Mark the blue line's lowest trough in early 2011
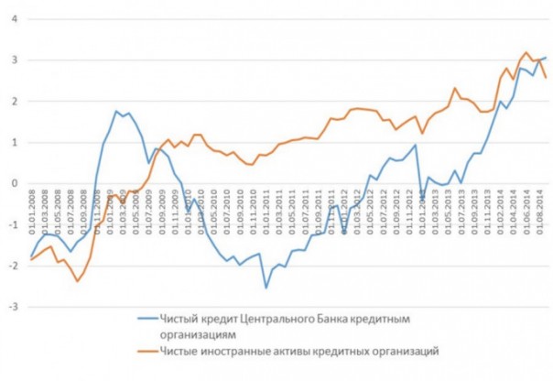(266, 288)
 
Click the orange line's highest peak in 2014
(526, 52)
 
